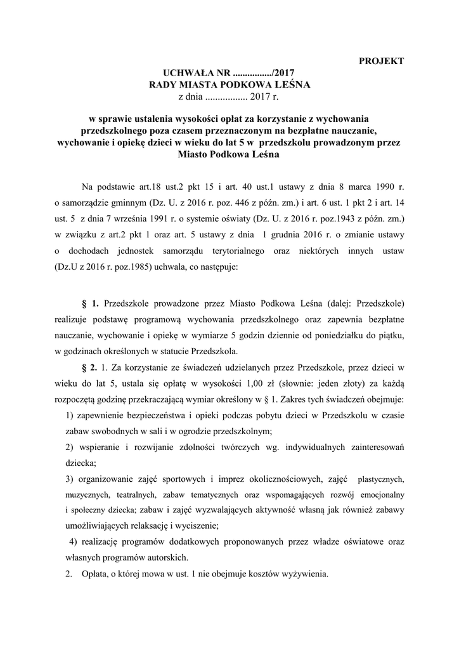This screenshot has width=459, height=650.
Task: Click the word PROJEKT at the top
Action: pyautogui.click(x=381, y=61)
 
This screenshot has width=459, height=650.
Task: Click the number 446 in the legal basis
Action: pyautogui.click(x=237, y=203)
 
